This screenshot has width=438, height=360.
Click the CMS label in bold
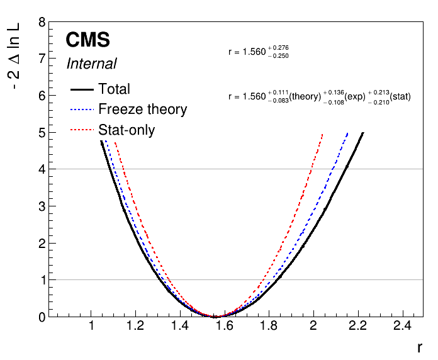point(88,40)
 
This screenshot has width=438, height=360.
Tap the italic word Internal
point(91,64)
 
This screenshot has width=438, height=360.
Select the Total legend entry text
point(115,89)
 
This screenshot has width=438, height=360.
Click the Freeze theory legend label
point(143,110)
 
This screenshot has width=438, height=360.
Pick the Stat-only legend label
point(126,130)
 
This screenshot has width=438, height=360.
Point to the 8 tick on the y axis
point(42,22)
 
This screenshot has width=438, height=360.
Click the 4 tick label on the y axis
point(42,169)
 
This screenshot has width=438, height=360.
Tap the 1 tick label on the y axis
point(42,280)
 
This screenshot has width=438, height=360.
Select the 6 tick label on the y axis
point(42,96)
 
